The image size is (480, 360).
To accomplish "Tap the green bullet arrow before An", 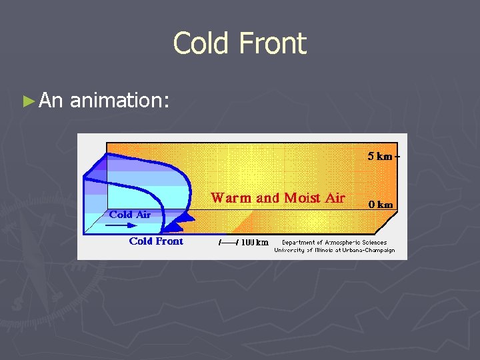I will click(x=27, y=101).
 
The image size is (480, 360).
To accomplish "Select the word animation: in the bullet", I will click(x=120, y=101).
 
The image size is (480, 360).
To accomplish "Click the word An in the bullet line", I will click(x=51, y=101).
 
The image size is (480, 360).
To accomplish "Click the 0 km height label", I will click(x=381, y=205).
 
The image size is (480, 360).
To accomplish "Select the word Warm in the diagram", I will click(x=231, y=198).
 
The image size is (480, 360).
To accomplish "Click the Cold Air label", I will click(x=130, y=215).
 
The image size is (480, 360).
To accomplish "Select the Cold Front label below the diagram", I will click(x=156, y=241).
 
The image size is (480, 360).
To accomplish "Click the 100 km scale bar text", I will click(x=255, y=243).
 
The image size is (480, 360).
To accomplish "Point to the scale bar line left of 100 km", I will click(x=229, y=243).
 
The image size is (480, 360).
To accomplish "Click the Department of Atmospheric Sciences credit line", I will click(x=334, y=243).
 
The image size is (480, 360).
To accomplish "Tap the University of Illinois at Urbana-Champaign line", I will click(x=334, y=251).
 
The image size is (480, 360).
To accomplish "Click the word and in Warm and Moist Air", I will click(x=267, y=198).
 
